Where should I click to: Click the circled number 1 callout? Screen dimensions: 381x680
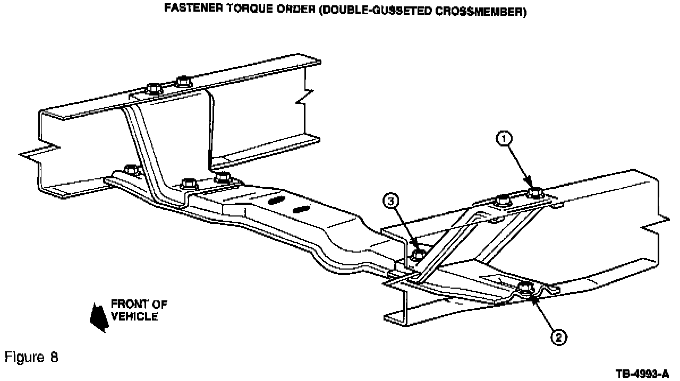pos(504,138)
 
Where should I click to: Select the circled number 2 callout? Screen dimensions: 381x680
pos(558,337)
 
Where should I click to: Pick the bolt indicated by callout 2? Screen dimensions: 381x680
pos(525,289)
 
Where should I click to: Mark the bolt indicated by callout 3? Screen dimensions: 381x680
pos(418,255)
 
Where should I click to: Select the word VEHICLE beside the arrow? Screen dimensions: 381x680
pos(135,316)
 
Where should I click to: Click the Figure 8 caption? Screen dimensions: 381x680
pos(31,357)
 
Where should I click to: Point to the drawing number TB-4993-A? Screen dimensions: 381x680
pos(642,374)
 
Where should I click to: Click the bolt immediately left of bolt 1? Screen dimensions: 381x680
pos(501,201)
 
